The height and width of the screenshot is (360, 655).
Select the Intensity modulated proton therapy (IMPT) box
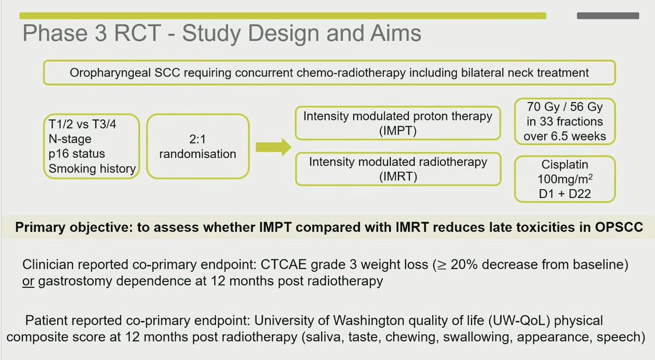point(398,123)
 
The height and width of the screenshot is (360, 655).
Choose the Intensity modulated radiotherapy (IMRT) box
point(398,169)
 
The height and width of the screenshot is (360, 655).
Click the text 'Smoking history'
point(92,169)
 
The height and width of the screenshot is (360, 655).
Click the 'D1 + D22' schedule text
point(564,194)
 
